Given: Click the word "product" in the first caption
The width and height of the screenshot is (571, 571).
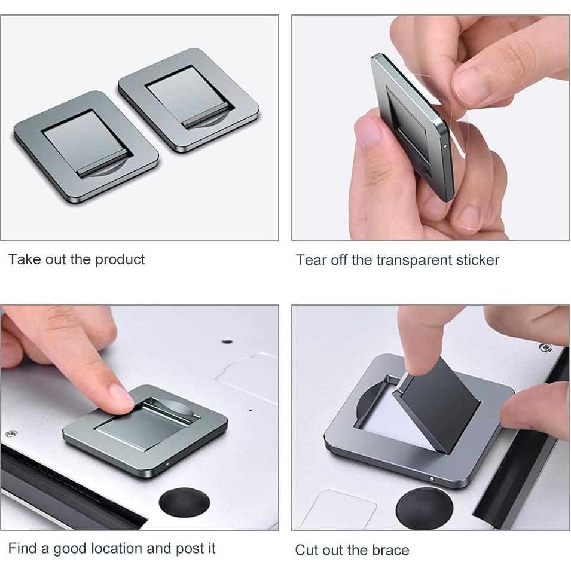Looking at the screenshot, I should click(x=120, y=259).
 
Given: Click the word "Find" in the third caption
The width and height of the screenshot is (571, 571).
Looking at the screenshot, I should click(x=22, y=549).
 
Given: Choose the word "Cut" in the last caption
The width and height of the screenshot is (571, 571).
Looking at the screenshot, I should click(x=307, y=550).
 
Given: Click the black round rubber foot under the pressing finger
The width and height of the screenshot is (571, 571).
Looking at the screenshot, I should click(x=183, y=504).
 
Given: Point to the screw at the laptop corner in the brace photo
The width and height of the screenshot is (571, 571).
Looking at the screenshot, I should click(x=545, y=347).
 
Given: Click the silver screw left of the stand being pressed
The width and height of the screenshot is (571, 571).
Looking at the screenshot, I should click(x=10, y=433).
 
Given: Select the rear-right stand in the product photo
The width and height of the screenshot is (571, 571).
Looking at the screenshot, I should click(x=190, y=100).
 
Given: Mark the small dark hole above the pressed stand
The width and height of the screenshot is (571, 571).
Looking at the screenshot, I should click(x=227, y=341).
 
